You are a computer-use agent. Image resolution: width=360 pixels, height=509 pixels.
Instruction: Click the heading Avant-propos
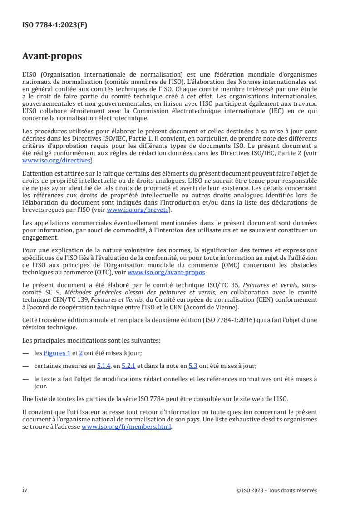point(52,56)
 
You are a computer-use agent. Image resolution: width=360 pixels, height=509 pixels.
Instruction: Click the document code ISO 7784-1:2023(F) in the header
point(54,25)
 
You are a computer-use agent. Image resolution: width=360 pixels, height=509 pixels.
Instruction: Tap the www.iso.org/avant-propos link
point(167,272)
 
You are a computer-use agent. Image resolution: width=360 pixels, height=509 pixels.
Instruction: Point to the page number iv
point(25,490)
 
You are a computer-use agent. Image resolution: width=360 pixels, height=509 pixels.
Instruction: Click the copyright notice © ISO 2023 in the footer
point(276,490)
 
